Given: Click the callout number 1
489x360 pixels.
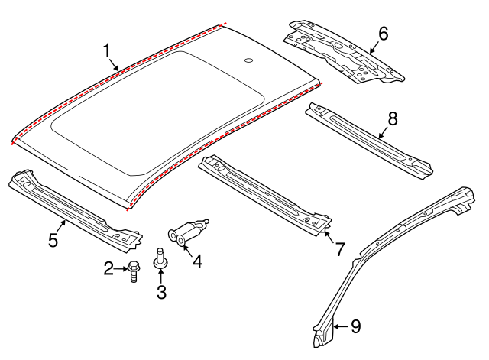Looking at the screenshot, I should click(x=108, y=50).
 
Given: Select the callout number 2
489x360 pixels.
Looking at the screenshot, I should click(x=108, y=268).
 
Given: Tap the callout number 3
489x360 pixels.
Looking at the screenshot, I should click(x=161, y=291).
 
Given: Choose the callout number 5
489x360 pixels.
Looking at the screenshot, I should click(x=53, y=240).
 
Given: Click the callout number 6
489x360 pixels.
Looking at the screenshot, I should click(x=383, y=33).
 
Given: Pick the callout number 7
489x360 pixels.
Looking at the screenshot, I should click(x=338, y=248).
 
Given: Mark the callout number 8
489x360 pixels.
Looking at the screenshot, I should click(x=393, y=118).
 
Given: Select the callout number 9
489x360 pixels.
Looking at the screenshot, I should click(x=355, y=326).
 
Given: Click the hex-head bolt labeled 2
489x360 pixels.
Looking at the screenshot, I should click(x=132, y=270).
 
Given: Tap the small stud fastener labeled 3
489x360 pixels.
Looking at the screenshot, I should click(x=161, y=260).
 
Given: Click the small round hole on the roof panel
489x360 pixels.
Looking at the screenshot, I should click(x=250, y=60).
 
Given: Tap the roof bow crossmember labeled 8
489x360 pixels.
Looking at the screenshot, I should click(x=367, y=138).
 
